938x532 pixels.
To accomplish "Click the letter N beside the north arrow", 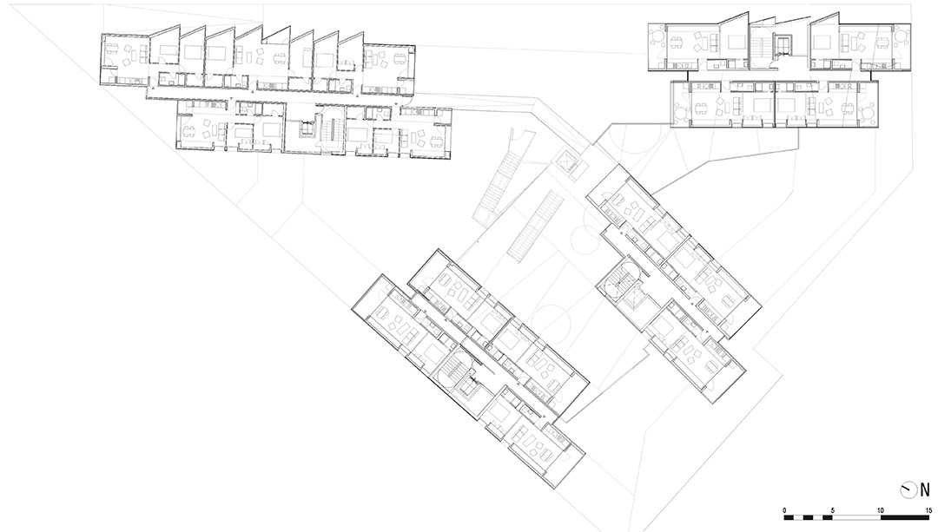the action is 925,490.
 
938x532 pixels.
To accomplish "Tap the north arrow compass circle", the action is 908,490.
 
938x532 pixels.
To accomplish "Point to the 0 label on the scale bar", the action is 785,510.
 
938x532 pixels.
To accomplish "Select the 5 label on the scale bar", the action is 833,510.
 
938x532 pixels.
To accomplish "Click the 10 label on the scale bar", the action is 881,510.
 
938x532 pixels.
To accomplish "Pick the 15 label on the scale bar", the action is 928,510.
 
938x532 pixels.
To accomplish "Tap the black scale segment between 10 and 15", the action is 904,517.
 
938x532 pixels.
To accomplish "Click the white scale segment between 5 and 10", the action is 856,517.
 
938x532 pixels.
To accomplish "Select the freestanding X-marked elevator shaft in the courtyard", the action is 565,163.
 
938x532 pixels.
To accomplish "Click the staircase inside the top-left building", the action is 330,132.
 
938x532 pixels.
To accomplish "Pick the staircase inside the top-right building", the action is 762,46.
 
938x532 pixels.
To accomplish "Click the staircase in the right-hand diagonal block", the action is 624,283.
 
